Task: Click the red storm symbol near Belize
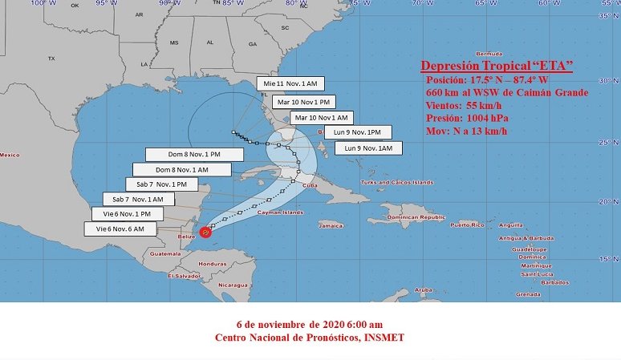[205, 232]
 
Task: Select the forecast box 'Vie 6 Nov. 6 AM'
[120, 229]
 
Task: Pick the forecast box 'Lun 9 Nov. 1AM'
[368, 148]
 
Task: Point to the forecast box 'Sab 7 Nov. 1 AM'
[138, 199]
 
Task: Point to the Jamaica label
[330, 225]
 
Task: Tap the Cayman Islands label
[281, 212]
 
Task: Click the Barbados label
[554, 282]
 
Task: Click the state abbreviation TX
[51, 59]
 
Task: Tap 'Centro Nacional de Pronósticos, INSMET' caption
[310, 338]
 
